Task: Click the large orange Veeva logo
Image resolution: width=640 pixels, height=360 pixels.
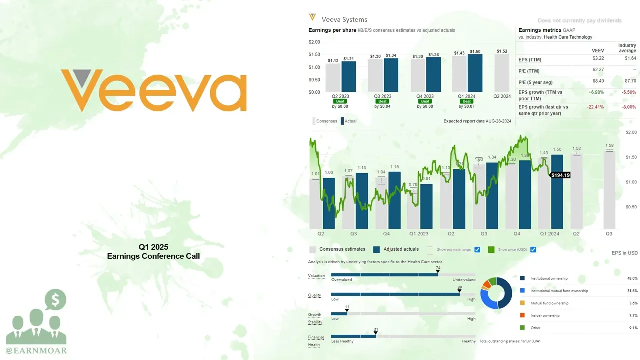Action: (x=153, y=91)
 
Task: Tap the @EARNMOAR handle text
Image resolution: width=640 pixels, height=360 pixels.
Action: (x=36, y=350)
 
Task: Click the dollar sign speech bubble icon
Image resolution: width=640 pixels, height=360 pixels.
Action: (x=55, y=300)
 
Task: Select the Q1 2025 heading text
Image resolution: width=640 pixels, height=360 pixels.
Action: (x=153, y=247)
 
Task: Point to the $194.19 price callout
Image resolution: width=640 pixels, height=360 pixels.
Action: (x=560, y=175)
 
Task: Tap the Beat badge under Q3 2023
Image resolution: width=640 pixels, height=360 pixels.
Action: (x=382, y=101)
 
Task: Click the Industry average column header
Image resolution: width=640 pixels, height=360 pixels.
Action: (x=627, y=48)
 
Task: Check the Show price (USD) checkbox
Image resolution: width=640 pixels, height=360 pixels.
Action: (x=533, y=249)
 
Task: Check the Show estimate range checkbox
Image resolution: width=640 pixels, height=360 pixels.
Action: (x=477, y=249)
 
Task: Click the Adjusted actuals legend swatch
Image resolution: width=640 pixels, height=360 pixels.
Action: (x=376, y=249)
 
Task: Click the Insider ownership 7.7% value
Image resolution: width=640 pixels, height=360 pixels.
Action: (x=632, y=315)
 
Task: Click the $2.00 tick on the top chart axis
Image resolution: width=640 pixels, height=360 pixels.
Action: (x=314, y=42)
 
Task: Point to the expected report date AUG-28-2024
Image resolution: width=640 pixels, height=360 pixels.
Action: (x=477, y=121)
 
